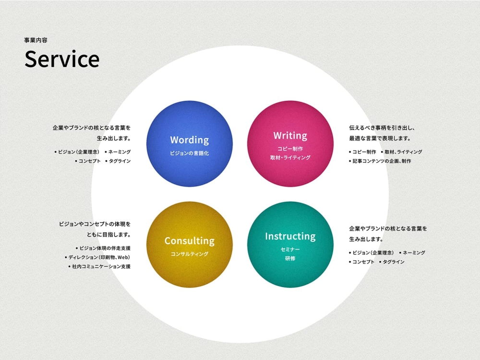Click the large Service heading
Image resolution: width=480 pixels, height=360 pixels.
pos(62,59)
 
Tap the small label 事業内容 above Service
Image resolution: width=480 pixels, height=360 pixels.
pos(36,40)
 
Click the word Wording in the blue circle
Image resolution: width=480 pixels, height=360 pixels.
pos(190,140)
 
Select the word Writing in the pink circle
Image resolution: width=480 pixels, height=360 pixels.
pos(290,136)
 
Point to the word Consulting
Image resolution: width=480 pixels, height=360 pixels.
pos(190,241)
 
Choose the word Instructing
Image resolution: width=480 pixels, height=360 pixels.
pos(290,236)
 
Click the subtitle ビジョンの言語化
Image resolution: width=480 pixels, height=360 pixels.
pos(190,153)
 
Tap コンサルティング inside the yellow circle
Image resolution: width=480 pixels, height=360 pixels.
pos(190,254)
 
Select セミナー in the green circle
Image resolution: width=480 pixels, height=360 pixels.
pos(290,250)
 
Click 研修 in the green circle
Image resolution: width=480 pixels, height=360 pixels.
pos(290,258)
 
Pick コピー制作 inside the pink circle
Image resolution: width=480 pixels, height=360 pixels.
pos(290,149)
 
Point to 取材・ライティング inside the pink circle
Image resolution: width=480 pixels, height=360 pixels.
pos(290,157)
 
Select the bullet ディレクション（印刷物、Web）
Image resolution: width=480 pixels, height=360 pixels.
pos(97,257)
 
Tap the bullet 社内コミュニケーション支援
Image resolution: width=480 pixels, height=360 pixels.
pos(99,266)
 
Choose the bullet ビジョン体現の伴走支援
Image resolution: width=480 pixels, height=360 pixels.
pos(103,248)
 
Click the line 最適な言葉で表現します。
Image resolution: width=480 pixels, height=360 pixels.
pos(380,138)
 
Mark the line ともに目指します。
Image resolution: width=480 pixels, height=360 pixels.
pos(108,235)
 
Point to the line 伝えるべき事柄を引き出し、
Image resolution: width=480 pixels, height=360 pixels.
pos(382,128)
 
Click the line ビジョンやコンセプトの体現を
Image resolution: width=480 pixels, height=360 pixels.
pos(95,224)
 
